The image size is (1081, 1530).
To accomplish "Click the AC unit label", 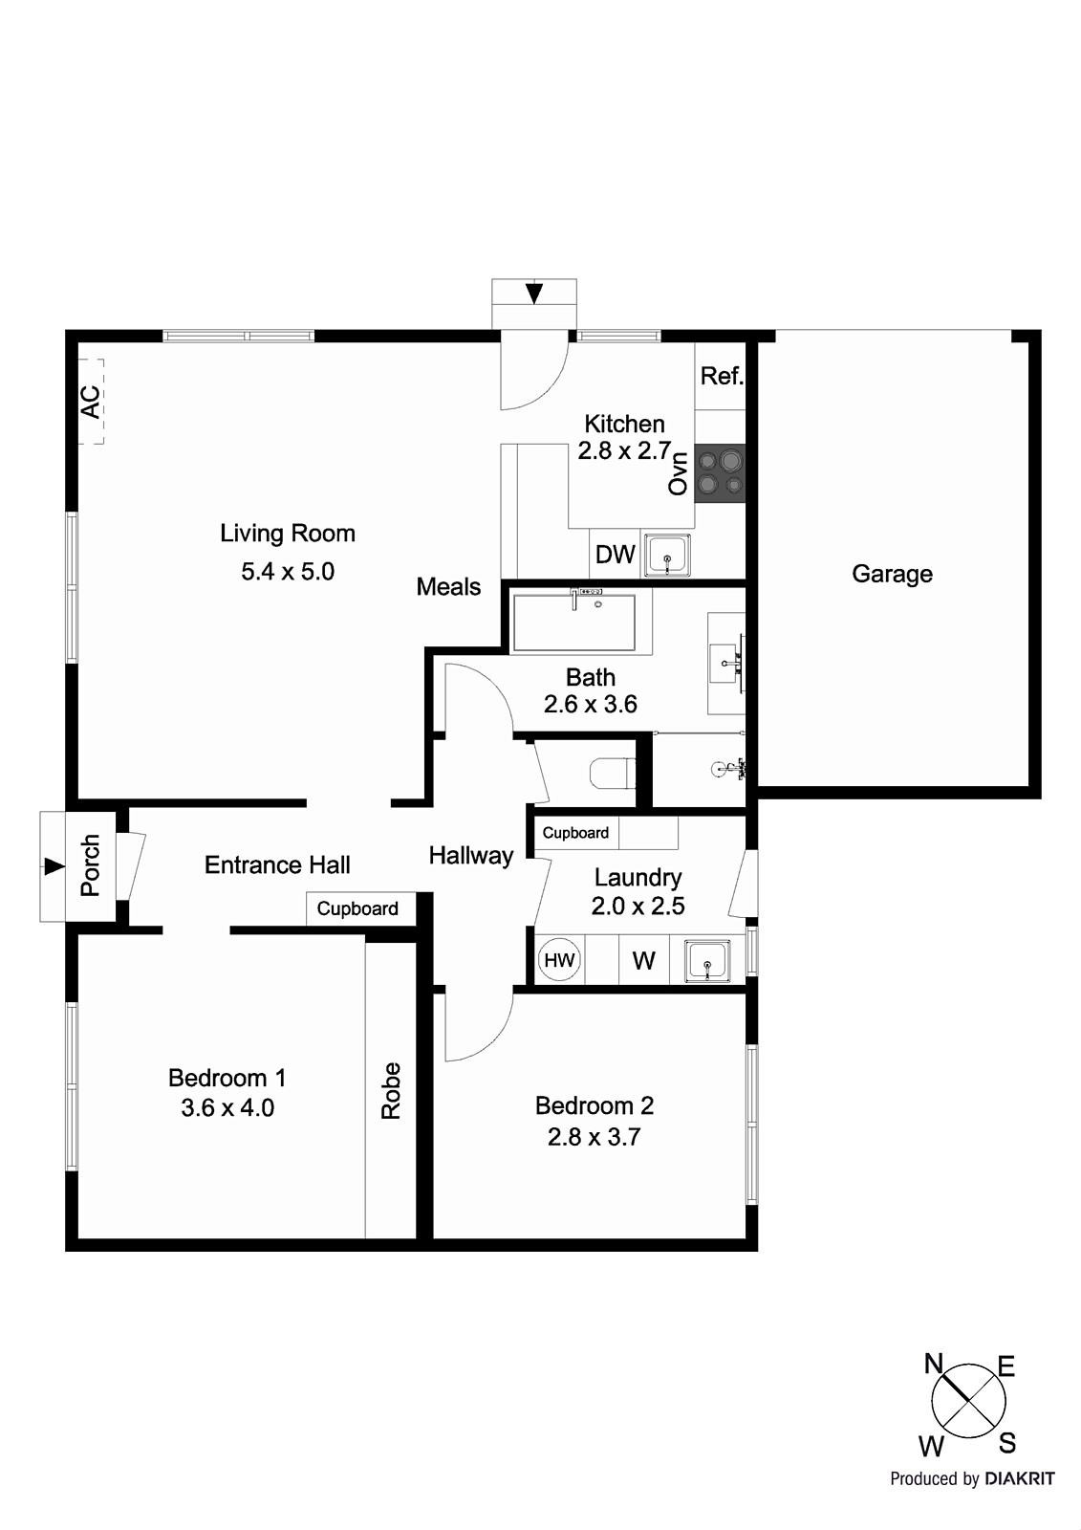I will pos(90,402).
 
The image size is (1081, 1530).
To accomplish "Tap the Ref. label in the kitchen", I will pos(722,376).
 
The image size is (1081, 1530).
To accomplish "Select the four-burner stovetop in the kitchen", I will pos(720,473).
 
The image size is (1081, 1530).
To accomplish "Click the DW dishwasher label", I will pos(615,555).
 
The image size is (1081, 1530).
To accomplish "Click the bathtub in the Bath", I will pos(573,622).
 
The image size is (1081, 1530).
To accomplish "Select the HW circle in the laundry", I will pos(559,959).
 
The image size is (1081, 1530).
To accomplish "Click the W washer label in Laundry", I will pos(643,961).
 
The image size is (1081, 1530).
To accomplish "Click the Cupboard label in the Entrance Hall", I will pos(357,908).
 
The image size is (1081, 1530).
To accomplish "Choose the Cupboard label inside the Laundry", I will pos(575,833).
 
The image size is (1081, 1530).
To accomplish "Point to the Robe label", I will pos(391,1090).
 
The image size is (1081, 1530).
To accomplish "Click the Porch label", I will pos(90,865).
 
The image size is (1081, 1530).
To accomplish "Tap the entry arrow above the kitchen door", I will pos(533,293).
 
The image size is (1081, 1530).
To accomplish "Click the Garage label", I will pos(892,574).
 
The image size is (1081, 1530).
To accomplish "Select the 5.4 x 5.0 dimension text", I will pos(288,572).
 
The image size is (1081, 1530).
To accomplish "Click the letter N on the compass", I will pos(934,1365).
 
